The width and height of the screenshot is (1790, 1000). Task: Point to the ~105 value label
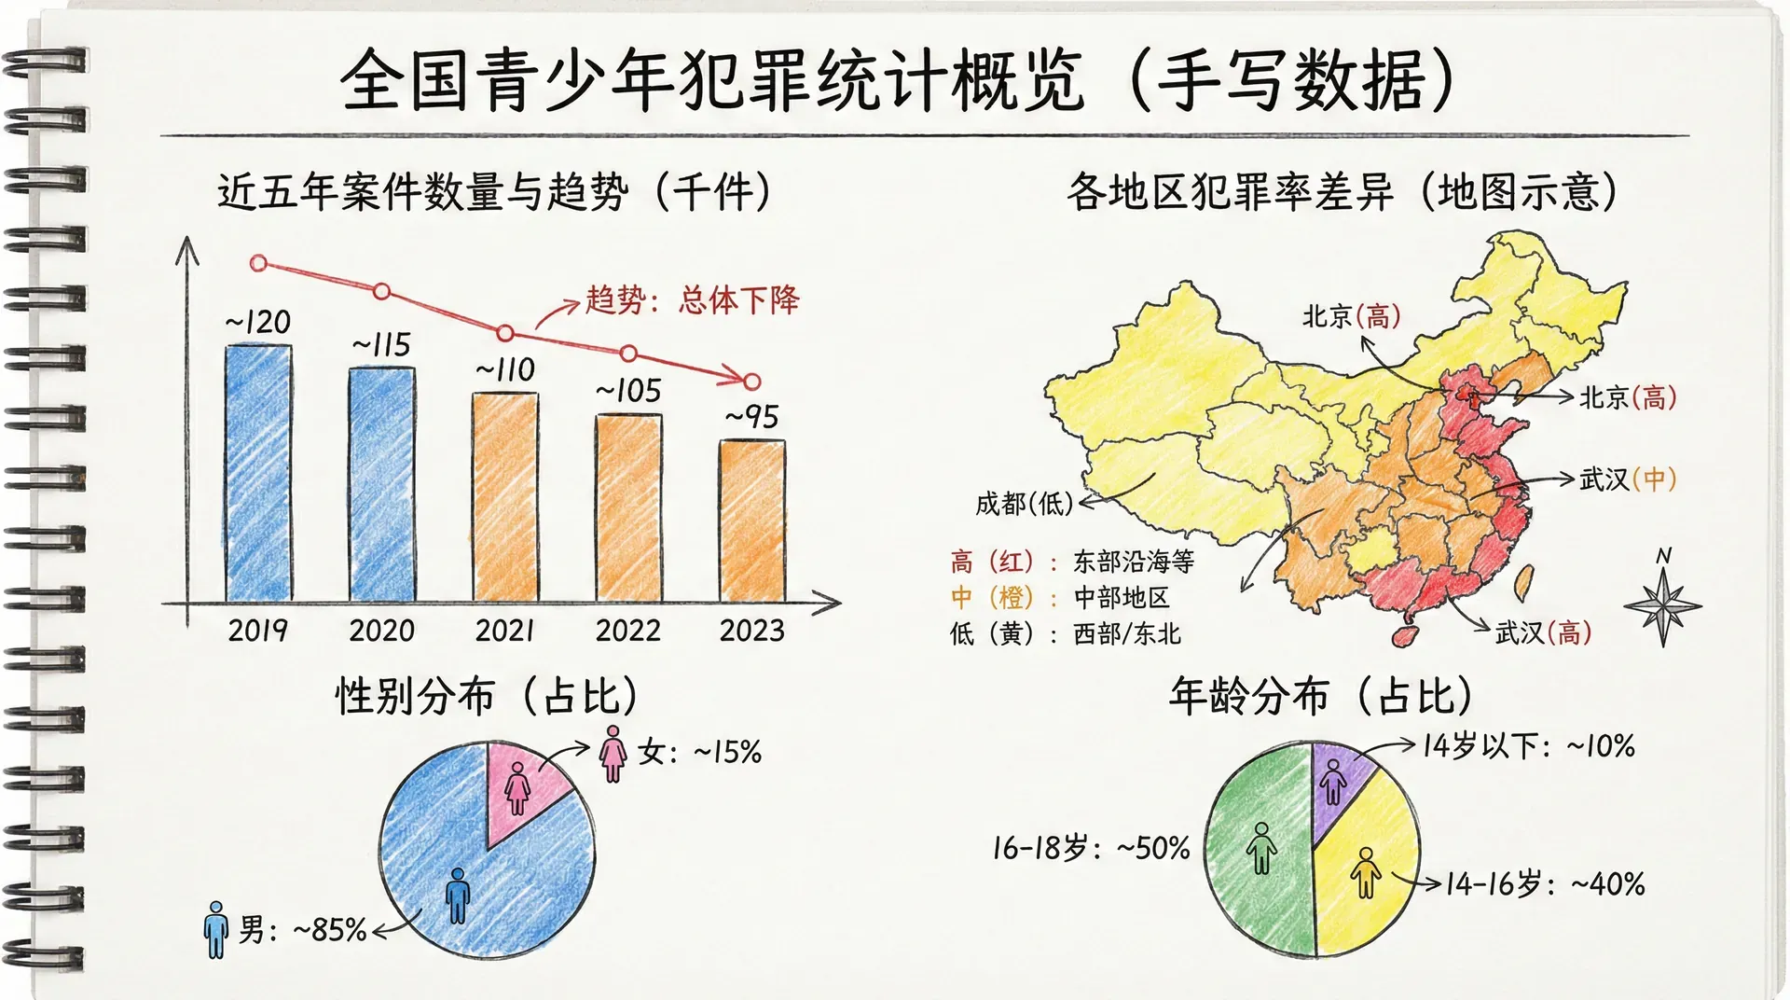click(x=629, y=391)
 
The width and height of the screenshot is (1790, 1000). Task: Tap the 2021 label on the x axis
click(x=504, y=631)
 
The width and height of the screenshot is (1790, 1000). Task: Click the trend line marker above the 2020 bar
click(x=381, y=292)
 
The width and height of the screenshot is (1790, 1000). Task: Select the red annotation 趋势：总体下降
click(x=692, y=300)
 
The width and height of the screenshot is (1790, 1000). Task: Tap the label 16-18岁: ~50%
click(x=1091, y=848)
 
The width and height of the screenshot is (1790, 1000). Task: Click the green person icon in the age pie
click(x=1261, y=847)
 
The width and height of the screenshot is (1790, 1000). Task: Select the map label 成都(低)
click(x=1024, y=504)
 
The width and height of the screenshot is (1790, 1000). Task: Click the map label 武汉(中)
click(x=1627, y=479)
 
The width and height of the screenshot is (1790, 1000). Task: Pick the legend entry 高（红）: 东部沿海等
click(x=1072, y=562)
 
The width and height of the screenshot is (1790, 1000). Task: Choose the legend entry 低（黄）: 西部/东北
click(x=1065, y=634)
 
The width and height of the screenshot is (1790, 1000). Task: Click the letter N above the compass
click(x=1663, y=557)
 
